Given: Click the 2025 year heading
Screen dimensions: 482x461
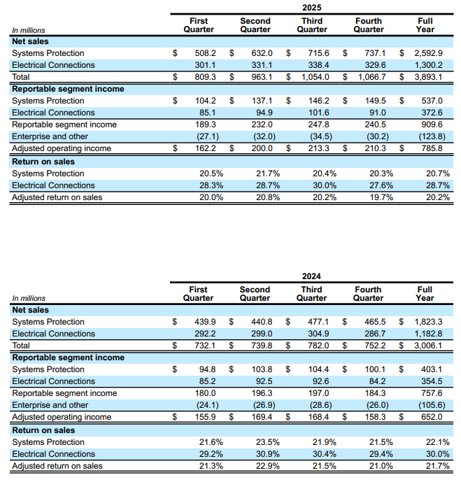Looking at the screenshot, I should (312, 7).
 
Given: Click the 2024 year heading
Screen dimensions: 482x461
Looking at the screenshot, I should (312, 276).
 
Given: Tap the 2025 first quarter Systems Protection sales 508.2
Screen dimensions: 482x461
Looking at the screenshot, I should (205, 53).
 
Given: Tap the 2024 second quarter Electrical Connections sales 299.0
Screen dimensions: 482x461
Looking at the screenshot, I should (261, 334).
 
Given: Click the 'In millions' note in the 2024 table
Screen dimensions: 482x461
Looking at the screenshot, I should (29, 299).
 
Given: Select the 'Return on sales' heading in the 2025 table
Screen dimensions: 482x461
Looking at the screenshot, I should (43, 162).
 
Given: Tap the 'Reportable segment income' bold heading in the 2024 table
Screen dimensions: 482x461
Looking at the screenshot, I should (68, 357).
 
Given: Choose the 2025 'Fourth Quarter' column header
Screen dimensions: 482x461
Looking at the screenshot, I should (369, 25).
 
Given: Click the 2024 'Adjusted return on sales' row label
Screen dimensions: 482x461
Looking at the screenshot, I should (57, 466).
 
